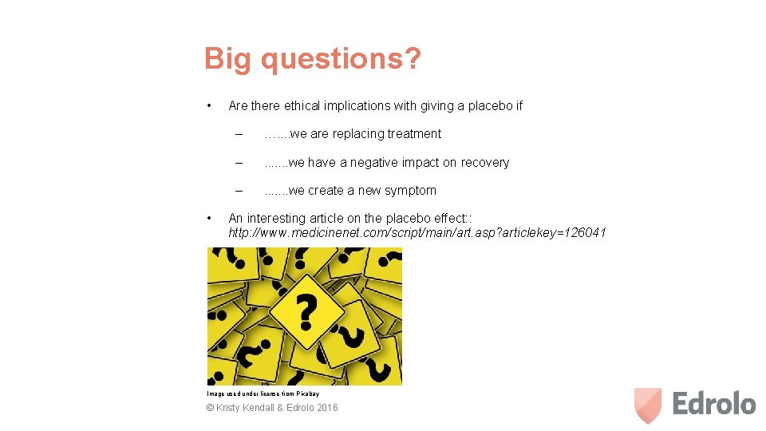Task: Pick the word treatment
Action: (x=413, y=134)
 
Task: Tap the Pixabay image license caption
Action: (x=263, y=393)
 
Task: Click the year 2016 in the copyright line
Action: (x=326, y=408)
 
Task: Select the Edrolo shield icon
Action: (x=648, y=405)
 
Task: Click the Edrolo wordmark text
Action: (x=713, y=404)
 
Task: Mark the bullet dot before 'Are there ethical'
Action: (x=208, y=105)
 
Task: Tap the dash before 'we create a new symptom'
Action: (x=237, y=191)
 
